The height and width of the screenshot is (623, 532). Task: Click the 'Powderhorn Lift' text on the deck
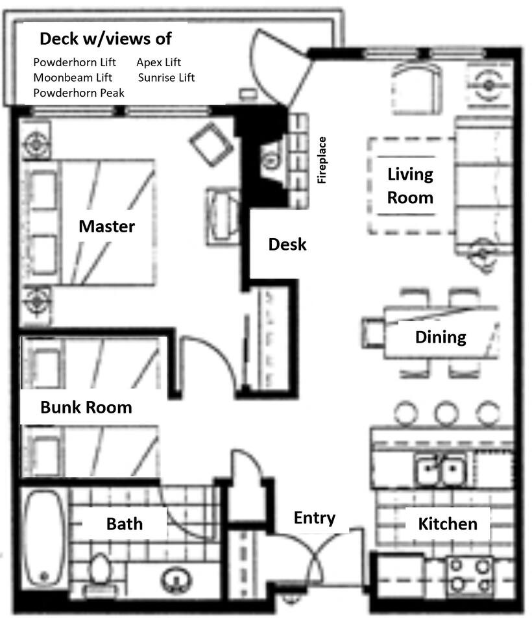click(75, 62)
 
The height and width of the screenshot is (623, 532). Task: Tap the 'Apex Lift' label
click(158, 62)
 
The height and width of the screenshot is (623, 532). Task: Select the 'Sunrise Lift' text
click(167, 77)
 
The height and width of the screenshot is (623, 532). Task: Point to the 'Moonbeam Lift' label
click(73, 77)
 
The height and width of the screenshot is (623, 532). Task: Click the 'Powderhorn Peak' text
click(79, 93)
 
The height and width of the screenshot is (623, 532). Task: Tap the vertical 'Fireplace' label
click(321, 160)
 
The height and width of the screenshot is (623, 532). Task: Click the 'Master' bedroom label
click(107, 226)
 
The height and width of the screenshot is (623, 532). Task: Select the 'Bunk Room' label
click(86, 408)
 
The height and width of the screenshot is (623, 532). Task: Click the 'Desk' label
click(287, 245)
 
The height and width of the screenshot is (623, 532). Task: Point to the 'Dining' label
click(441, 337)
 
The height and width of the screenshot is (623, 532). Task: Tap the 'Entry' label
click(315, 518)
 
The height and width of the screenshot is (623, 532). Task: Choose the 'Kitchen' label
click(448, 524)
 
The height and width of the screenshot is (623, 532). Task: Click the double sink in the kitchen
click(441, 470)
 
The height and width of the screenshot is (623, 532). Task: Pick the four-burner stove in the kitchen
click(470, 575)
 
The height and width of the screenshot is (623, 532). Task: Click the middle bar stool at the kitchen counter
click(446, 413)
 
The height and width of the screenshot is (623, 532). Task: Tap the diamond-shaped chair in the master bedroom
click(212, 145)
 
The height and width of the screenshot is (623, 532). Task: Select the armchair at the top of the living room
click(417, 88)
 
